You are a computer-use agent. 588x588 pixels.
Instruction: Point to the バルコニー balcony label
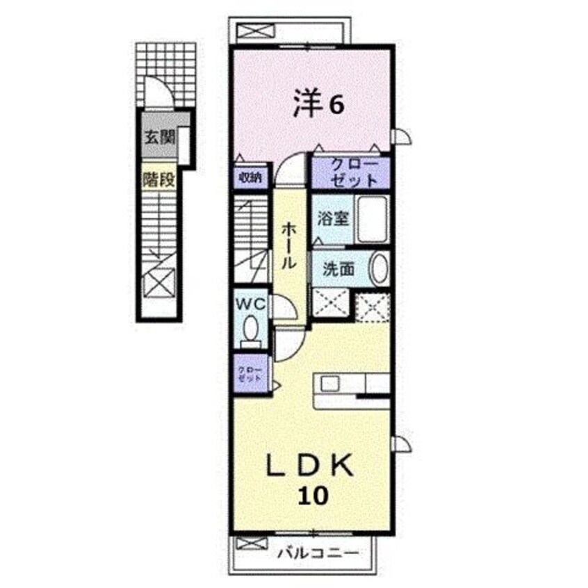point(319,554)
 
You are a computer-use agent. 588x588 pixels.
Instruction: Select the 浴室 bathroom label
point(332,218)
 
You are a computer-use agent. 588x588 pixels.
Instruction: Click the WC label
point(251,303)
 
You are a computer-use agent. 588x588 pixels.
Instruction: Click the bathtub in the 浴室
point(374,217)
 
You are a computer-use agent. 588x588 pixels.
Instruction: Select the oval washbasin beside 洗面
point(379,269)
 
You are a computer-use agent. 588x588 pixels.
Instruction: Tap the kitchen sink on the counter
point(329,383)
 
